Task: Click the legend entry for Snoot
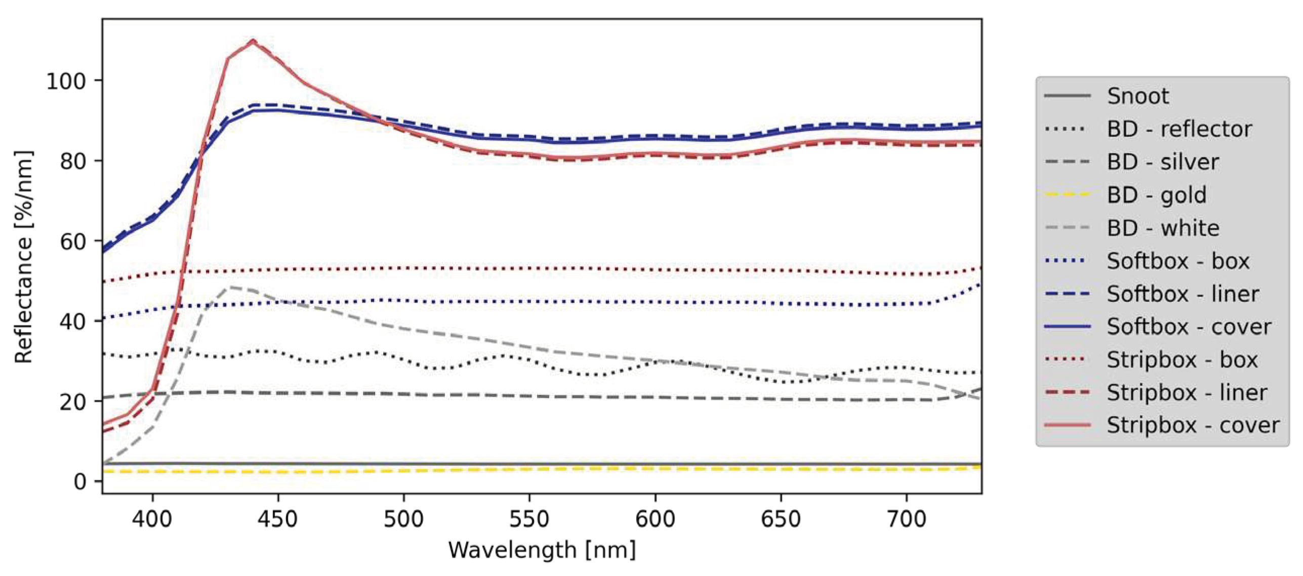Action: tap(1137, 96)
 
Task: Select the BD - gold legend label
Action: tap(1156, 195)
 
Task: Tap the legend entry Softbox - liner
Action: tap(1183, 294)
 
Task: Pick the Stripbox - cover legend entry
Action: tap(1192, 425)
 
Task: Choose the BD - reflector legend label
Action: tap(1179, 129)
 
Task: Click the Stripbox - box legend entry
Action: tap(1182, 360)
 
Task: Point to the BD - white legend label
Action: tap(1163, 228)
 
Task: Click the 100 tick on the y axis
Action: tap(66, 81)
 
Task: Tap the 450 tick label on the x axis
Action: tap(278, 519)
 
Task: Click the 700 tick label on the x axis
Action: tap(906, 519)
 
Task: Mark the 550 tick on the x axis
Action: tap(529, 519)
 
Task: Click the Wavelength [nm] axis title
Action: tap(542, 550)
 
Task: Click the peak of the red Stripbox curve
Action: tap(253, 40)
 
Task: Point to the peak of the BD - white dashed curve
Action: tap(230, 287)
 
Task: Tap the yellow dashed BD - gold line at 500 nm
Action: tap(404, 470)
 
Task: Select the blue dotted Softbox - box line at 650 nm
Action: tap(781, 303)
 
